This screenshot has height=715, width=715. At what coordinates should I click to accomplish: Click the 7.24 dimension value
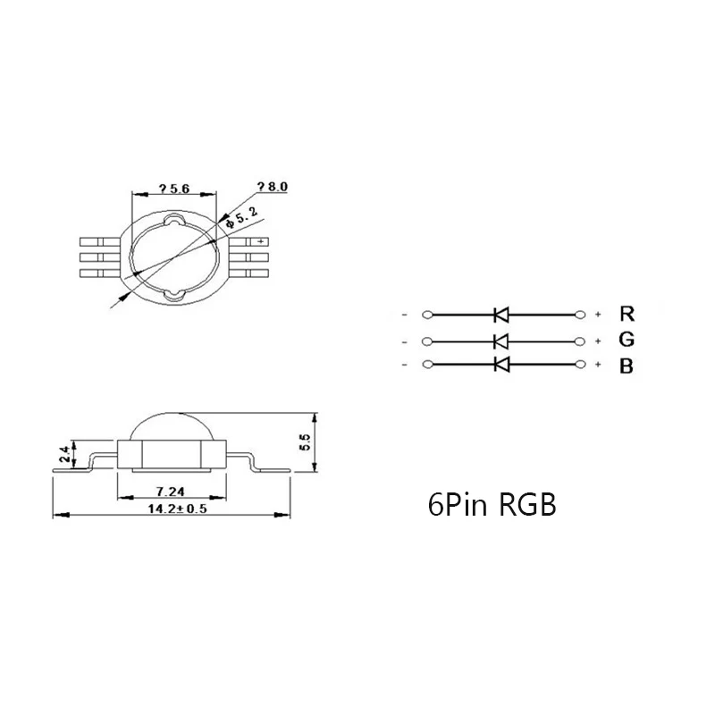[170, 492]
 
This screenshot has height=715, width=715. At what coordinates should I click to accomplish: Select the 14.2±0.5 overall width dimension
[177, 509]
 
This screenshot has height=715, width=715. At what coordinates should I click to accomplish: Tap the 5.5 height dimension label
[305, 442]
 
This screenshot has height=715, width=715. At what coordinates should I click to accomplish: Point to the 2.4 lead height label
[65, 454]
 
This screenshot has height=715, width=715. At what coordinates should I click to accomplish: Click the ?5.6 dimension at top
[173, 189]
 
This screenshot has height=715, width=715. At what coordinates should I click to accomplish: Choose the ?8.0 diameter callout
[273, 187]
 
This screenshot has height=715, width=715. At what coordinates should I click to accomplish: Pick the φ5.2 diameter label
[241, 216]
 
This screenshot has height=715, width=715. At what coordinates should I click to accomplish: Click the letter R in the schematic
[627, 314]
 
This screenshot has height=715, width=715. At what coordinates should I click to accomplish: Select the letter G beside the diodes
[627, 340]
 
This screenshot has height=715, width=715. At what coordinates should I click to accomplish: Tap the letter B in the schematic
[627, 366]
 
